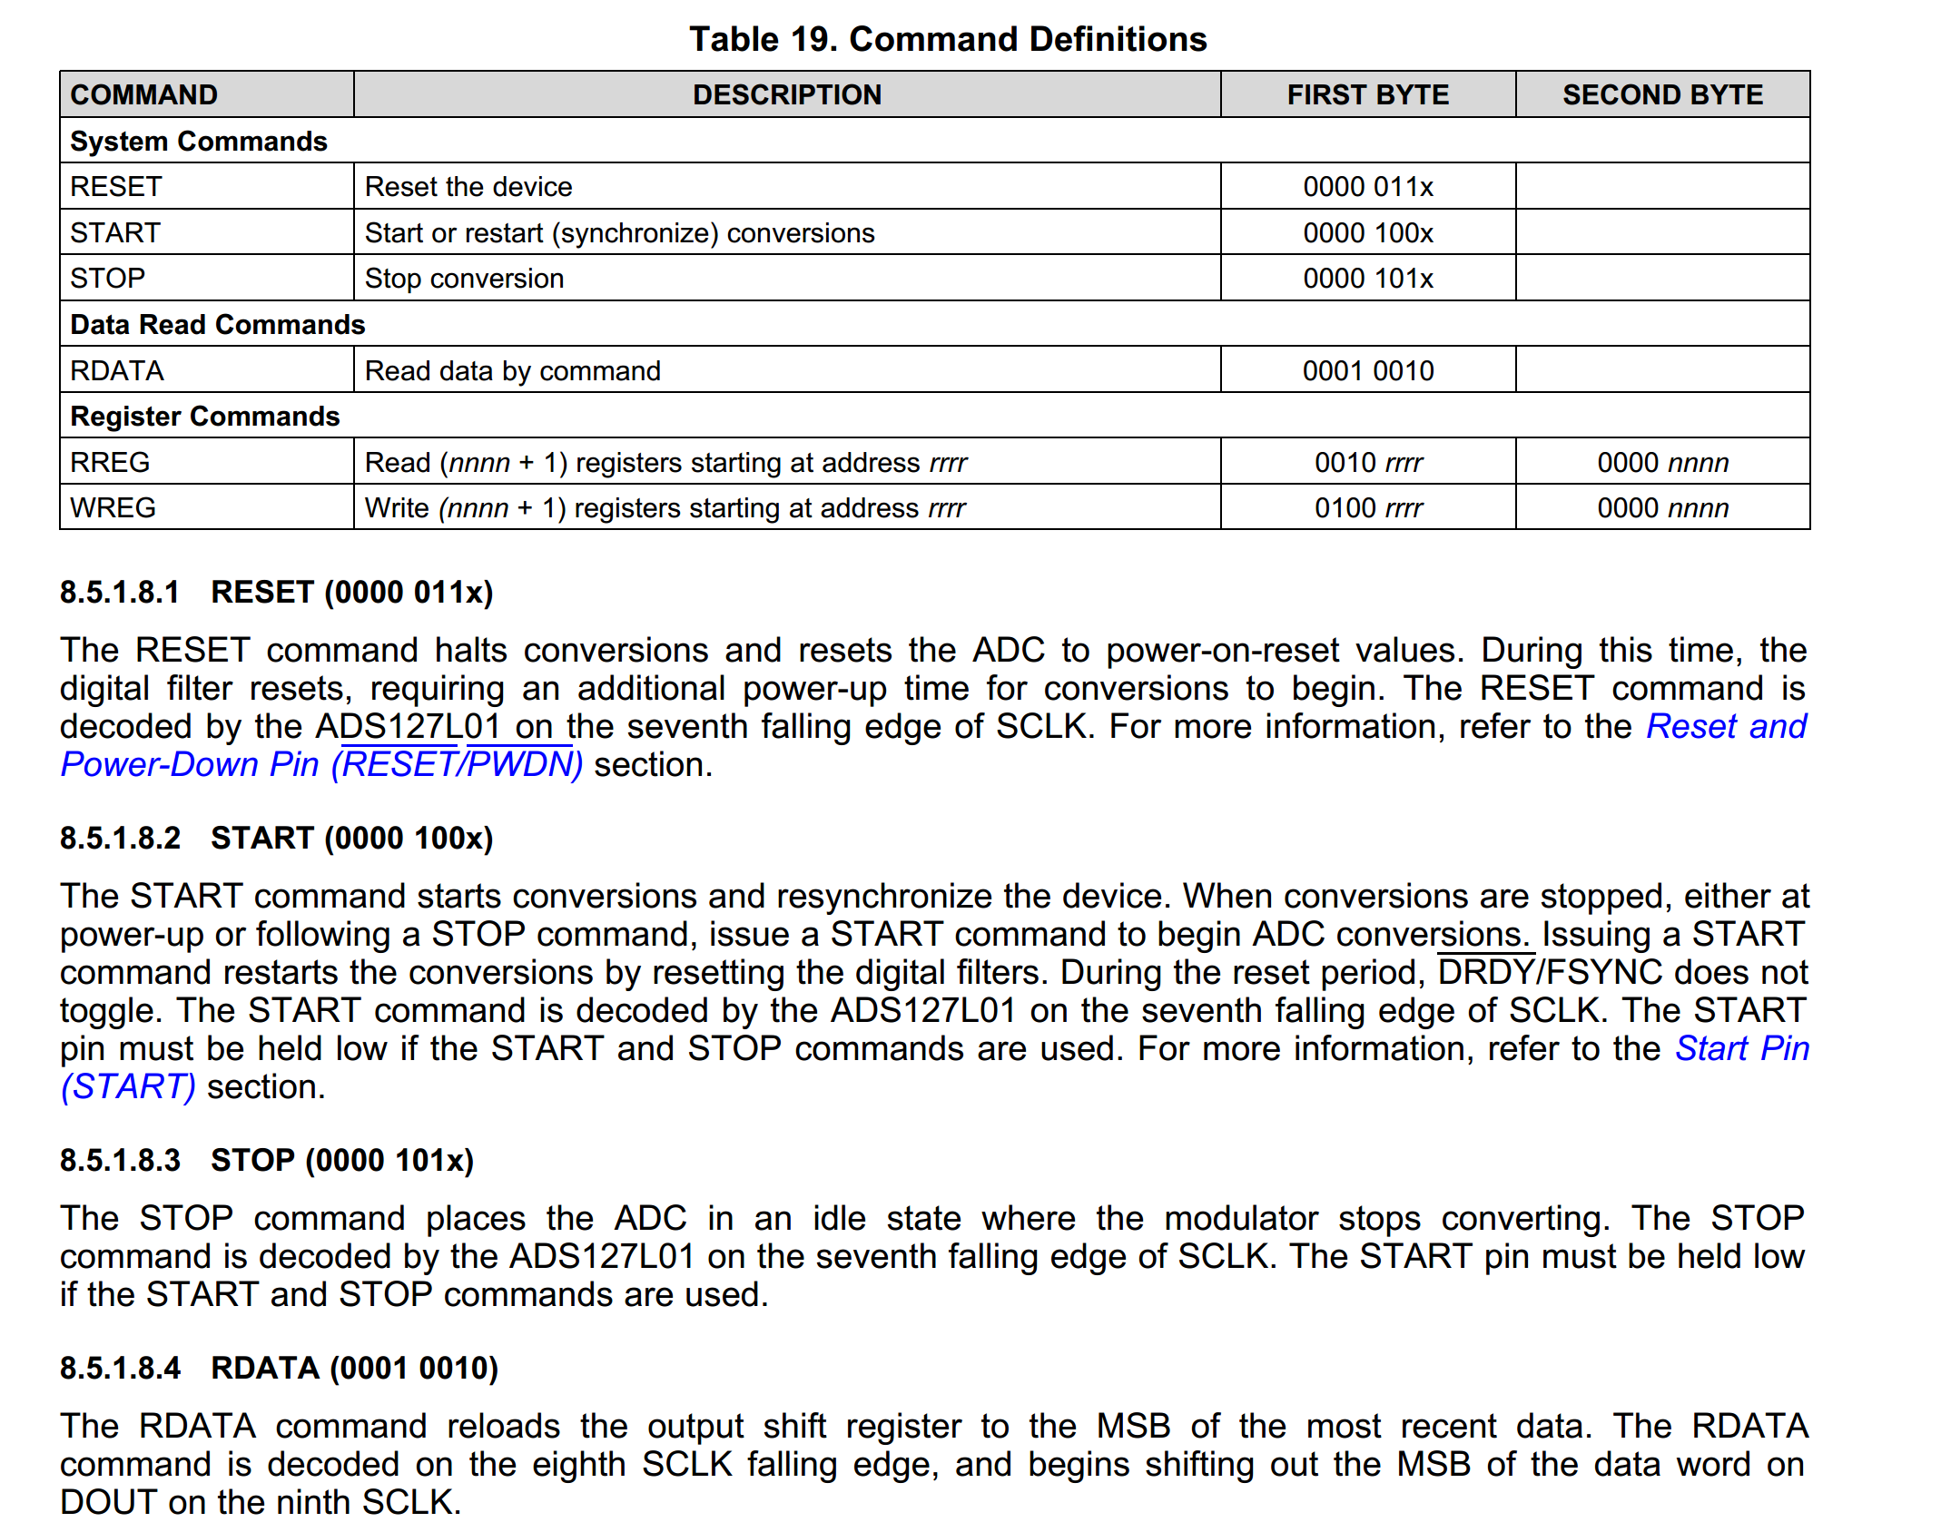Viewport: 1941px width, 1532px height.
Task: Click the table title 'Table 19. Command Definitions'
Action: [947, 39]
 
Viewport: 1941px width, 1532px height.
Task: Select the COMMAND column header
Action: [143, 94]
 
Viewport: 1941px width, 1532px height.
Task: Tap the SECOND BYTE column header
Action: [1661, 94]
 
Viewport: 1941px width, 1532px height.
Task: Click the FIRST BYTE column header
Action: [1367, 94]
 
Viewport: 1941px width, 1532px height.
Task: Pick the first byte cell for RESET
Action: [1367, 187]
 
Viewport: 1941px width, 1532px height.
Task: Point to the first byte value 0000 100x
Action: [1367, 233]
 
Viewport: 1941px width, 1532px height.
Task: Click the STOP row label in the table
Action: [107, 279]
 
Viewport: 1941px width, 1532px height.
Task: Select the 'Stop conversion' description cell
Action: [464, 279]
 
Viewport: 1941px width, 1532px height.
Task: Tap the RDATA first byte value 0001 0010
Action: [1367, 371]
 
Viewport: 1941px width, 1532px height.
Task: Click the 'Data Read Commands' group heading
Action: [217, 325]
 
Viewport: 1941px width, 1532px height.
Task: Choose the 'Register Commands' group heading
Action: [204, 417]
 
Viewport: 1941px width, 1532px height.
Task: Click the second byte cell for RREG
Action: [1661, 463]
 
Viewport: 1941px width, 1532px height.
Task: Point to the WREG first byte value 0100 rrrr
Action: [1367, 508]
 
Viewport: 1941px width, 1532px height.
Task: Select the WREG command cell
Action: [113, 508]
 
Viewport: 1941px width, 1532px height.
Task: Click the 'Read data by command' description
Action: [512, 371]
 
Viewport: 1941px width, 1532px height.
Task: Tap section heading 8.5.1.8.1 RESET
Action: [276, 593]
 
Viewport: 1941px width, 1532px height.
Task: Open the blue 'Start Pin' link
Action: [1741, 1048]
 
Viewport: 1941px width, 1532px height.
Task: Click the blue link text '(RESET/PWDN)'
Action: [457, 765]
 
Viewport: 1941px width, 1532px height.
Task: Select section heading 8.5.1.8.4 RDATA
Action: [279, 1369]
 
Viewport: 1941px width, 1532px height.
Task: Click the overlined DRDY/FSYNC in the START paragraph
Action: [1549, 973]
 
